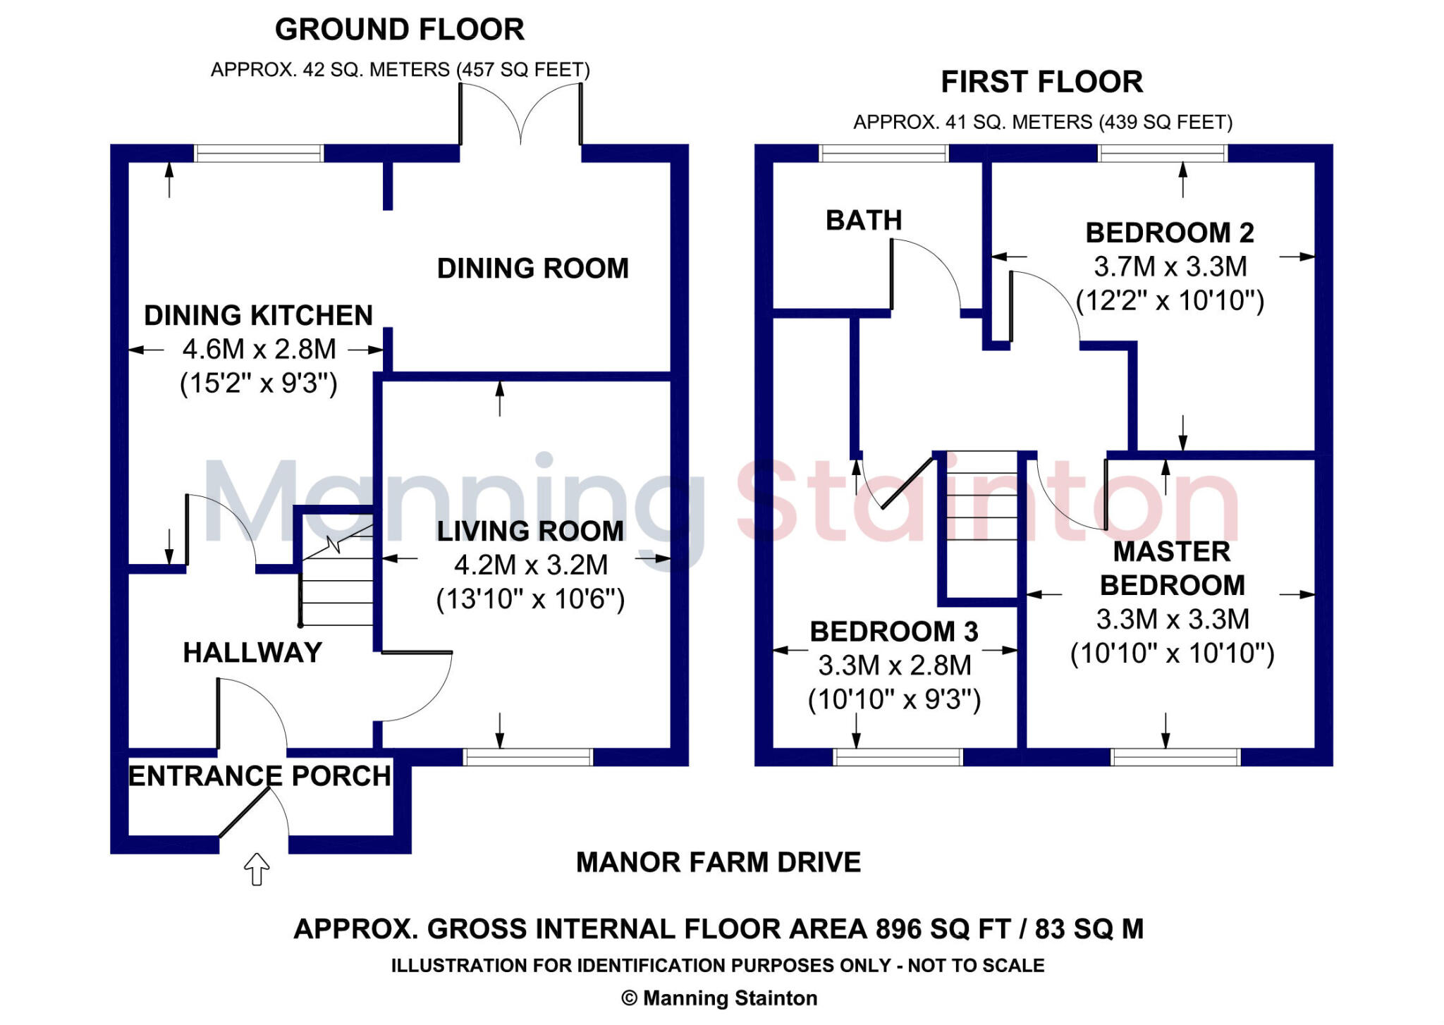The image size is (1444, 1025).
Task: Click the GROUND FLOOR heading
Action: (x=399, y=30)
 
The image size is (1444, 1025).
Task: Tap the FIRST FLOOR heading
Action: (x=1041, y=82)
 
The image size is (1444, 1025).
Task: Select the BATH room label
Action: (x=864, y=221)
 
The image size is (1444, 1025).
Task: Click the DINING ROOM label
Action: (x=532, y=269)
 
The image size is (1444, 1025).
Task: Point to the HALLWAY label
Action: (x=252, y=653)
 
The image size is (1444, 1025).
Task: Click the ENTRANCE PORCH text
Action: (x=259, y=776)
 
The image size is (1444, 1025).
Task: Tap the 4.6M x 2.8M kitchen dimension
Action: (x=259, y=350)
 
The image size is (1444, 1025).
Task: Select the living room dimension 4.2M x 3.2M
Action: (x=530, y=565)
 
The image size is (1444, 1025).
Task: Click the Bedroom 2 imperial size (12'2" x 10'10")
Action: (x=1170, y=301)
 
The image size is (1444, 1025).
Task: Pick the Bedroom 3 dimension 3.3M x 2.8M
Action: (x=894, y=665)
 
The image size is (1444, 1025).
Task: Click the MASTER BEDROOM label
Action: (x=1172, y=568)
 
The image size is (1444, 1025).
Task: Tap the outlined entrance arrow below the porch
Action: (x=257, y=869)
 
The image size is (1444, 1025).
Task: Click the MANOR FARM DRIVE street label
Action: (x=718, y=863)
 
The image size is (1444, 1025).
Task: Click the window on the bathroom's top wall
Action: (x=883, y=153)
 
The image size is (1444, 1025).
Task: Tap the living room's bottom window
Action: (x=527, y=757)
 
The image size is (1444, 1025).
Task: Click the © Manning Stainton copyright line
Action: (x=718, y=998)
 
